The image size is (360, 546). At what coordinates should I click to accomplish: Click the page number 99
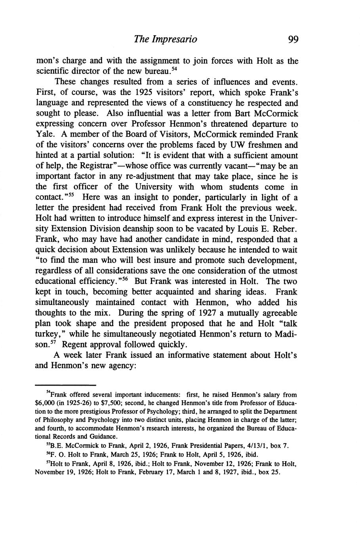click(293, 39)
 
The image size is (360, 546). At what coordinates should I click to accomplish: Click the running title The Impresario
click(166, 39)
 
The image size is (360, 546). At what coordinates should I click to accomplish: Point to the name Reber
click(286, 229)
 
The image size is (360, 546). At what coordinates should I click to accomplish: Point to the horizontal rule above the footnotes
click(66, 384)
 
